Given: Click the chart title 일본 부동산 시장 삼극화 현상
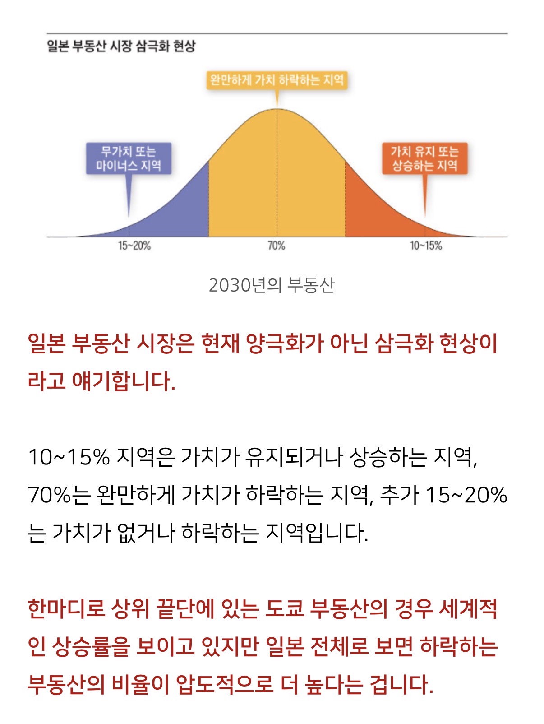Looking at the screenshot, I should pyautogui.click(x=121, y=46).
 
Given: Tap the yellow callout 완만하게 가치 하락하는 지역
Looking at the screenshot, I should pyautogui.click(x=277, y=80).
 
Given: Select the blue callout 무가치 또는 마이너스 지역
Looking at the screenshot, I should pyautogui.click(x=129, y=158).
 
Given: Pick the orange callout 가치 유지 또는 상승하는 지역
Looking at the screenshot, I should pyautogui.click(x=424, y=158).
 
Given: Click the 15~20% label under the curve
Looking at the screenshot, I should pyautogui.click(x=134, y=246).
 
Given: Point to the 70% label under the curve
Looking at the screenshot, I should pyautogui.click(x=277, y=246).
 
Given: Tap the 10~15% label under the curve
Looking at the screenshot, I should pyautogui.click(x=425, y=246).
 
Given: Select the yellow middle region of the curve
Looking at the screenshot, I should pyautogui.click(x=277, y=181).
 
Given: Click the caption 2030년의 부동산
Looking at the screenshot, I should pyautogui.click(x=272, y=285).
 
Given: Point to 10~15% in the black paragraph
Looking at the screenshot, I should pyautogui.click(x=69, y=457).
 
